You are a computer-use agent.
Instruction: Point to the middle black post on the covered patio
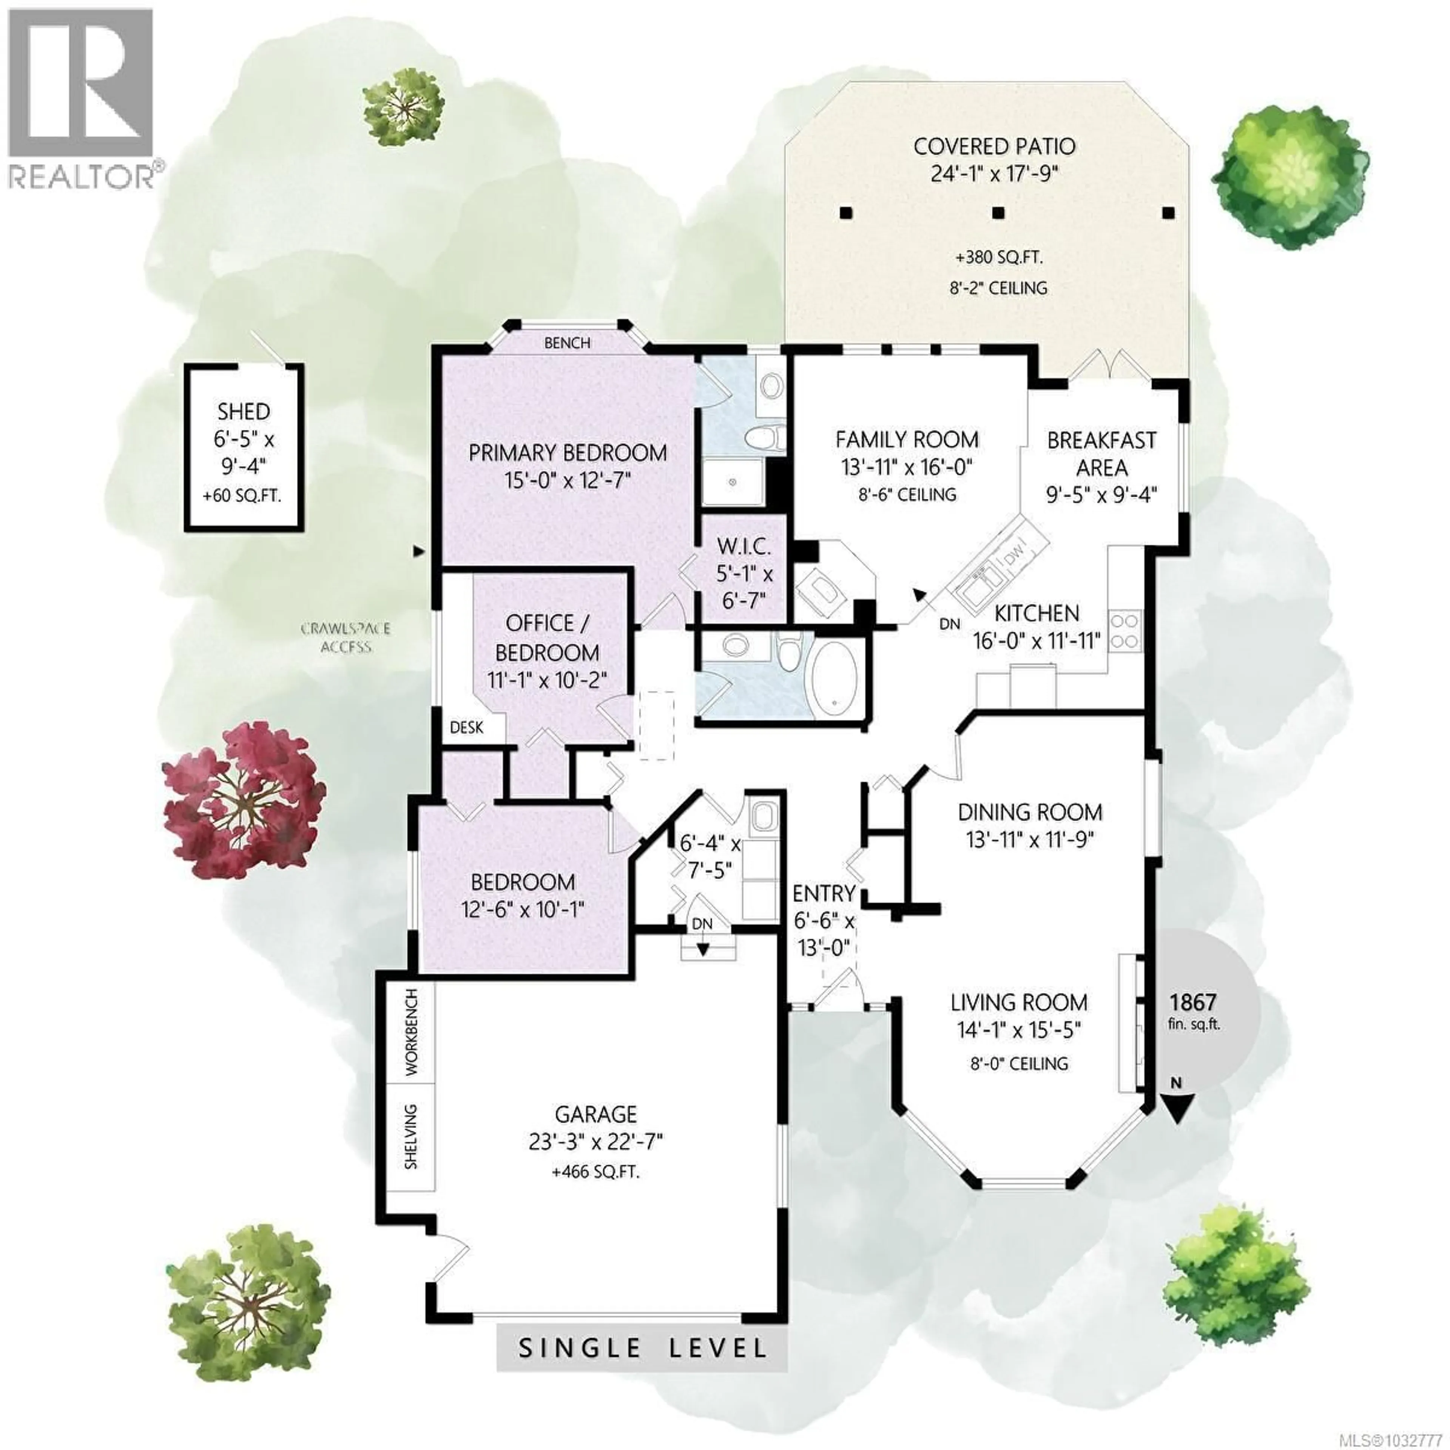[997, 212]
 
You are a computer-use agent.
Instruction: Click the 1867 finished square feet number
[1192, 1003]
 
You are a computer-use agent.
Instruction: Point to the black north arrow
[1176, 1108]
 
